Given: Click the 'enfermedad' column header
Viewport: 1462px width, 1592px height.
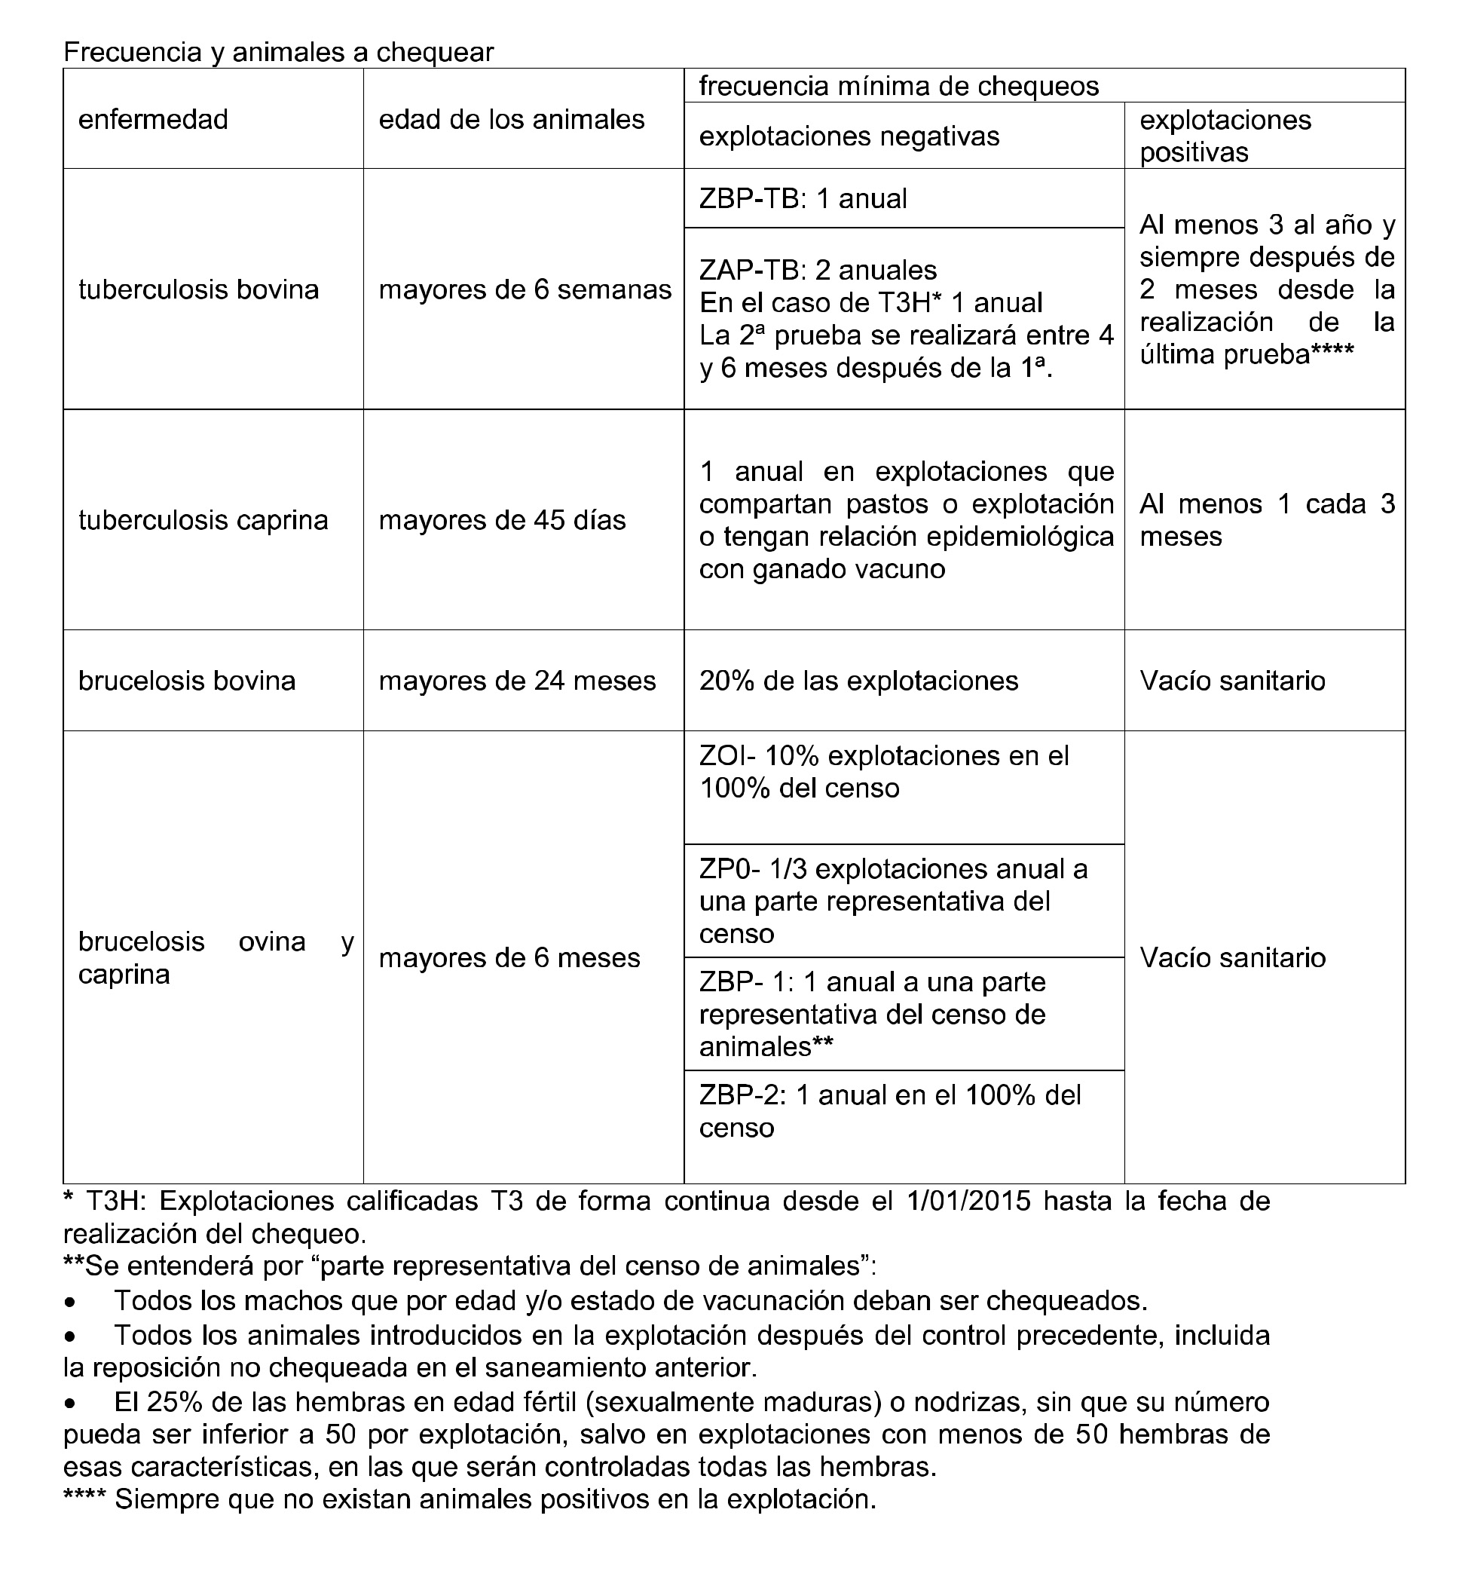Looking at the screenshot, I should tap(153, 120).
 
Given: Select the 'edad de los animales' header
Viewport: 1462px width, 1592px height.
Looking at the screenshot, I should tap(511, 120).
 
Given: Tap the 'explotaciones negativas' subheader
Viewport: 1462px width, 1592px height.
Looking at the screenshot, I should tap(849, 136).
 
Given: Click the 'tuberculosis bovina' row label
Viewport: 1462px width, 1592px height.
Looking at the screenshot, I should tap(198, 289).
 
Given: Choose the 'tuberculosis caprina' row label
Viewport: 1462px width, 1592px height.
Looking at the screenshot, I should tap(203, 520).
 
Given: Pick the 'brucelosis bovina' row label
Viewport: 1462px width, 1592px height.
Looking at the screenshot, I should tap(187, 681).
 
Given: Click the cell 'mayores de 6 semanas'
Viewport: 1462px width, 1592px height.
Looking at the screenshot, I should tap(525, 289).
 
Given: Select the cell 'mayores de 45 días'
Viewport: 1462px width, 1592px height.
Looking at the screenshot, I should tap(502, 520).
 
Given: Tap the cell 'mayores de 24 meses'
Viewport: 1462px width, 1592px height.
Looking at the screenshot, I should tap(518, 681).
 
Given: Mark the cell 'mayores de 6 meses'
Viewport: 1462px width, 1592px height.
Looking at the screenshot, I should tap(509, 957).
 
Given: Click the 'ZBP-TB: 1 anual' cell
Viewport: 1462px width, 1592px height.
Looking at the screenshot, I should tap(803, 197).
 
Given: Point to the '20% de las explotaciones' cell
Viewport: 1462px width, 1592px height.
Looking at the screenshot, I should tap(858, 681).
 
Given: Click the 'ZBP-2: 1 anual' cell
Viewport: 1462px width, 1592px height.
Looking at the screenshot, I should tap(889, 1111).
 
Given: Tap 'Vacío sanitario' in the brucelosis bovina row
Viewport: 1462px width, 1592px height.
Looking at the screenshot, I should tap(1233, 681).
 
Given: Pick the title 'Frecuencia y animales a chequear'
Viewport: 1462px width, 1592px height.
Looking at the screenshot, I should tap(279, 52).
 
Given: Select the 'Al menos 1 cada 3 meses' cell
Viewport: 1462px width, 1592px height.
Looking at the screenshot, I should tap(1266, 520).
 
